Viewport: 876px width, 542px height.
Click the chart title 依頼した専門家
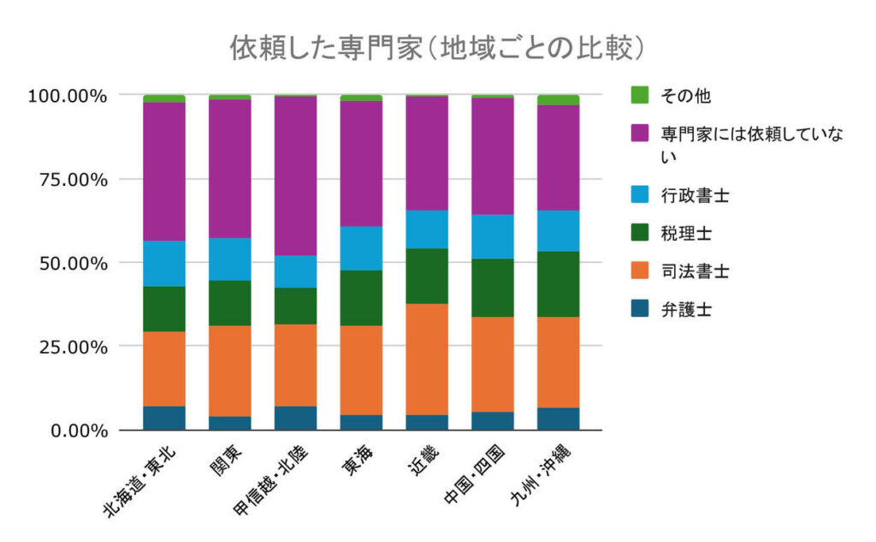click(x=436, y=48)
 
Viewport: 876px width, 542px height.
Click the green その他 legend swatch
click(x=639, y=94)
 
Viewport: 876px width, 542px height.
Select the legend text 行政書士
click(x=694, y=196)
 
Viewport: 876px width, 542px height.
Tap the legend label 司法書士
click(x=694, y=271)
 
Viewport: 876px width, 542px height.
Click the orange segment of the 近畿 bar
click(x=427, y=360)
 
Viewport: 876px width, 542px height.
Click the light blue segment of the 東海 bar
click(x=361, y=248)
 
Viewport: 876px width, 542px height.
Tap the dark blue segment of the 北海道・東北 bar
click(x=164, y=418)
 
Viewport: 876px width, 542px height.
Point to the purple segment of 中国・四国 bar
click(x=493, y=156)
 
